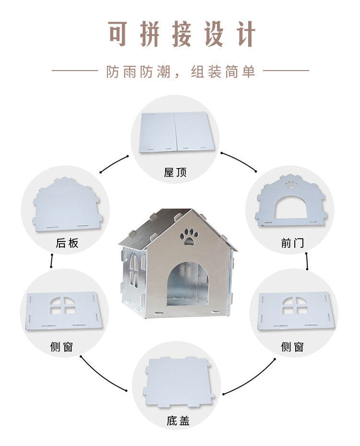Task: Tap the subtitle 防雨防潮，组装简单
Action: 180,72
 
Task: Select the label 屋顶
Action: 175,172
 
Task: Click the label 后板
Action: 67,243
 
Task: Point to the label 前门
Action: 292,243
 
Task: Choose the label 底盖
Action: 178,421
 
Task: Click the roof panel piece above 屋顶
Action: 175,133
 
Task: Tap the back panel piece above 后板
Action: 67,205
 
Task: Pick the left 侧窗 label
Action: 61,347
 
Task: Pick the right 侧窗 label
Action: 292,347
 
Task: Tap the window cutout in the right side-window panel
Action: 294,305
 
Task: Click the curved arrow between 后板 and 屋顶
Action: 114,163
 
